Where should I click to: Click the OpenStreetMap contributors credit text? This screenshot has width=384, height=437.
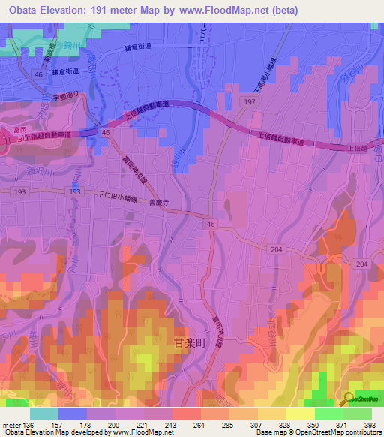(337, 432)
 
